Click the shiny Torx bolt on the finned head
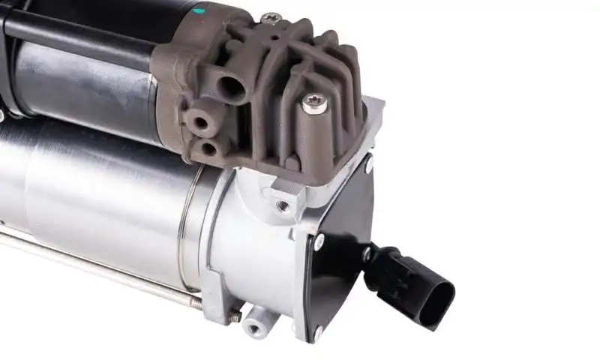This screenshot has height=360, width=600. point(315,103)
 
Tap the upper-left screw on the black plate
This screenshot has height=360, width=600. point(319,242)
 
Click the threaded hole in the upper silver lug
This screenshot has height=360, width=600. point(282,205)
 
